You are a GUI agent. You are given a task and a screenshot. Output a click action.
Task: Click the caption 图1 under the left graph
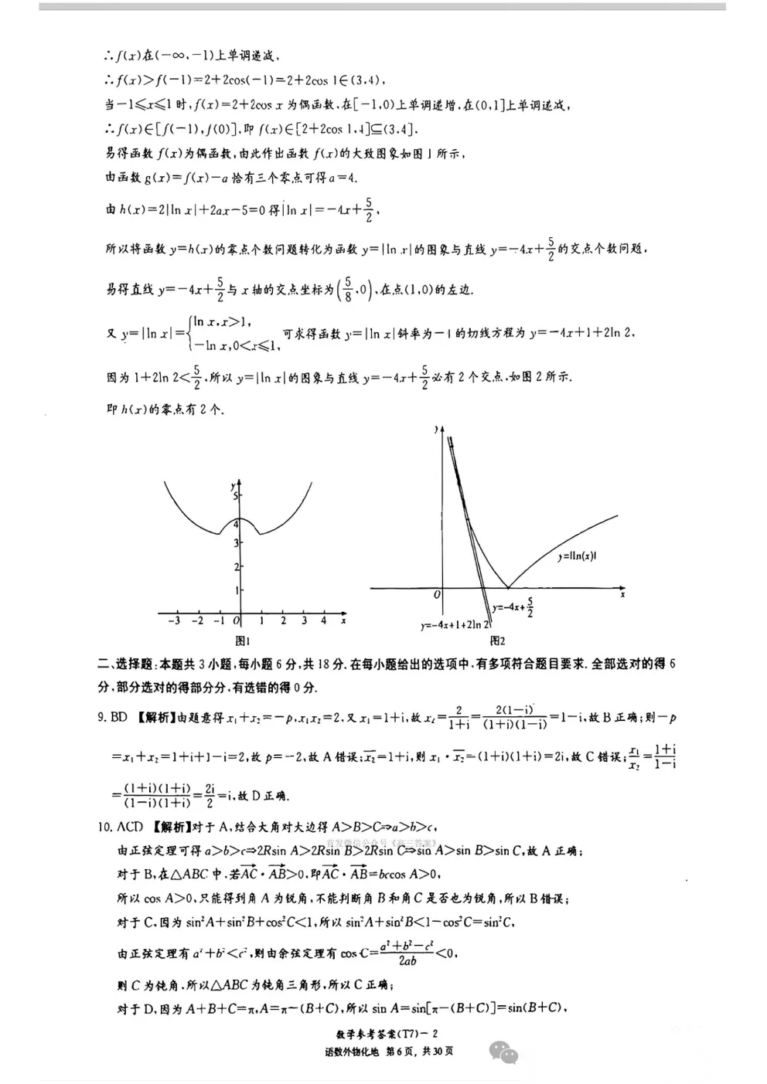[242, 641]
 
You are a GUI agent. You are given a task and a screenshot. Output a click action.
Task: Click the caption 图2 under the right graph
[497, 641]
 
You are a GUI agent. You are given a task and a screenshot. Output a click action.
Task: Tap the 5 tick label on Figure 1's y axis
[236, 497]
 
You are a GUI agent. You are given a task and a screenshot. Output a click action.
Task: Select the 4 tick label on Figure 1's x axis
[324, 620]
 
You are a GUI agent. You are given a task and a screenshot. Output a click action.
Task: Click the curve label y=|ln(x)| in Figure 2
[577, 556]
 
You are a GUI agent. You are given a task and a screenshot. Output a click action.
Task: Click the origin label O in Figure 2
[437, 596]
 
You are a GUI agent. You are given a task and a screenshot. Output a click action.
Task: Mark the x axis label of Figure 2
[622, 594]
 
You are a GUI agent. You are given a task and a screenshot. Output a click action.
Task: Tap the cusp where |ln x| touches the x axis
[507, 588]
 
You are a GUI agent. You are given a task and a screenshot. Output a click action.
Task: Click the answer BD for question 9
[118, 717]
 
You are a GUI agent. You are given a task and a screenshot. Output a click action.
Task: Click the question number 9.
[101, 717]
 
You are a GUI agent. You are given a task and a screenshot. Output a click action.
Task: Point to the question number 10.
[104, 827]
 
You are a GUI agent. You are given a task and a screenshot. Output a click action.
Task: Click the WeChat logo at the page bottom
[503, 1053]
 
